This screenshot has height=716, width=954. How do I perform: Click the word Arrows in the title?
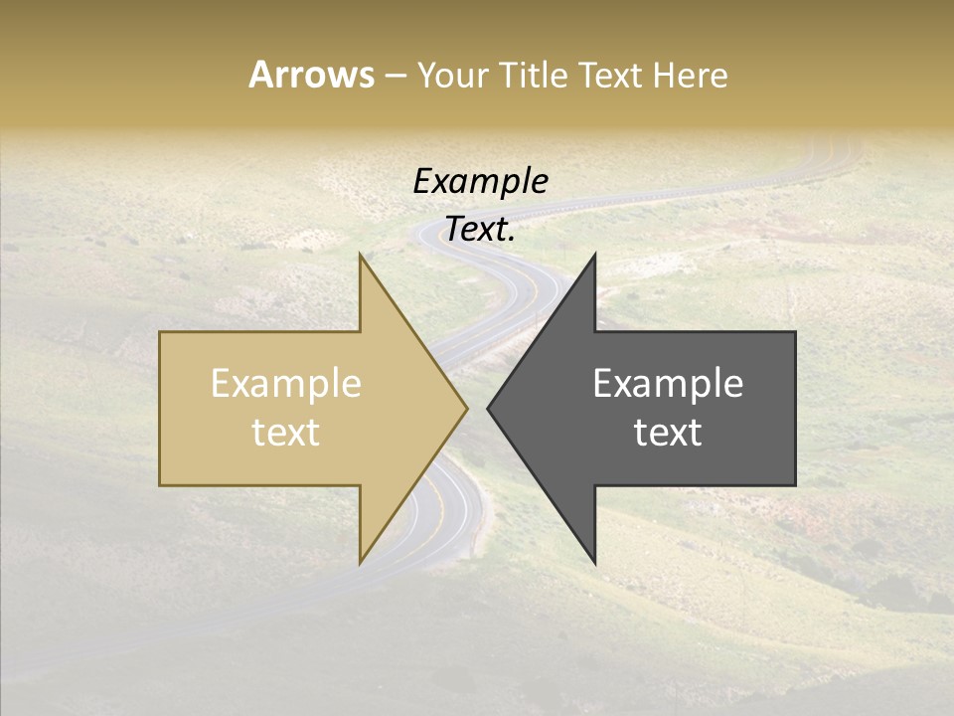[311, 75]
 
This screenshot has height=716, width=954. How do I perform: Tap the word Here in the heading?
[691, 75]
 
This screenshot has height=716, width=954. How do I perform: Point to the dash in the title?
[395, 76]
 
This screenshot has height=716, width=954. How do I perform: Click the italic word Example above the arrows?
[480, 182]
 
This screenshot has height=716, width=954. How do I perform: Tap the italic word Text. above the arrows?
[480, 230]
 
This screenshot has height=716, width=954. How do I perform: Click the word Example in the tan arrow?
[286, 384]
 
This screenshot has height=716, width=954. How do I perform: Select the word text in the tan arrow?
[286, 433]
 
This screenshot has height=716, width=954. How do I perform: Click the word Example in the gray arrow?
[668, 384]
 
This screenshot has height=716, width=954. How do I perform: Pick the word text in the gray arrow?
[668, 433]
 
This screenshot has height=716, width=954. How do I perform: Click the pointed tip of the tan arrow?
[466, 408]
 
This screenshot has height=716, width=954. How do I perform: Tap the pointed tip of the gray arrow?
[488, 408]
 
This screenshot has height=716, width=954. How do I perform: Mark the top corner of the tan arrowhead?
[361, 256]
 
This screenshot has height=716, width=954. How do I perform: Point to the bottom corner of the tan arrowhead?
[361, 562]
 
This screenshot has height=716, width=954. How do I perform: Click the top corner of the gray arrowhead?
[594, 256]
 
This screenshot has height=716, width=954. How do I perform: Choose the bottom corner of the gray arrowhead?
[594, 562]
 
